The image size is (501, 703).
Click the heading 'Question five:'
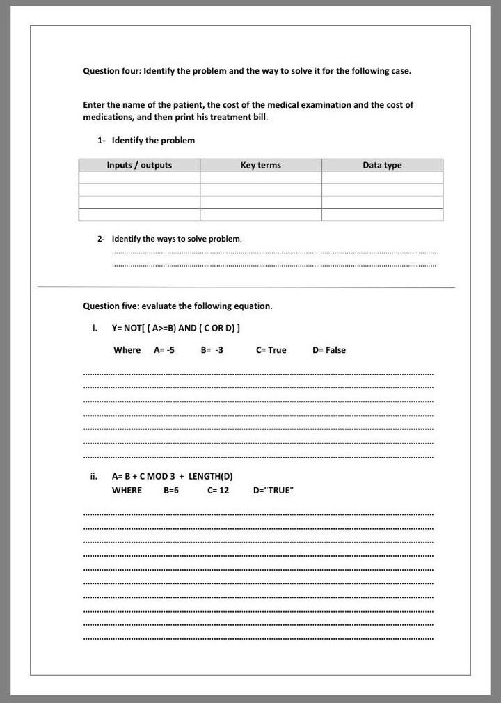click(x=111, y=306)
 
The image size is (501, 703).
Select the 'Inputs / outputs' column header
click(x=139, y=165)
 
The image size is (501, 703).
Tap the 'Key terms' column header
click(x=260, y=165)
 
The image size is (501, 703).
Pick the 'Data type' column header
click(x=382, y=165)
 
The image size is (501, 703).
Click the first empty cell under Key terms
click(x=260, y=177)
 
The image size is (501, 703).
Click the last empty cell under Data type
click(x=382, y=214)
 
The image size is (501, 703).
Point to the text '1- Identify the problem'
click(x=146, y=141)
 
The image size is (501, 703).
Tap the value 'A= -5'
click(x=164, y=350)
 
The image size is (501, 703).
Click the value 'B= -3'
click(x=212, y=350)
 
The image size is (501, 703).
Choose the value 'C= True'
click(x=271, y=350)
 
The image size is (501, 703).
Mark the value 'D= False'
click(x=329, y=350)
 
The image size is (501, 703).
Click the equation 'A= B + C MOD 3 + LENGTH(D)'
click(x=172, y=477)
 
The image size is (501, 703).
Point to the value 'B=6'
click(x=171, y=491)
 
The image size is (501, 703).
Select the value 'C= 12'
click(x=218, y=491)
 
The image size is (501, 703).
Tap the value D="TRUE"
click(x=273, y=491)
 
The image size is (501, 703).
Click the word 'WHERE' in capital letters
click(x=127, y=491)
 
